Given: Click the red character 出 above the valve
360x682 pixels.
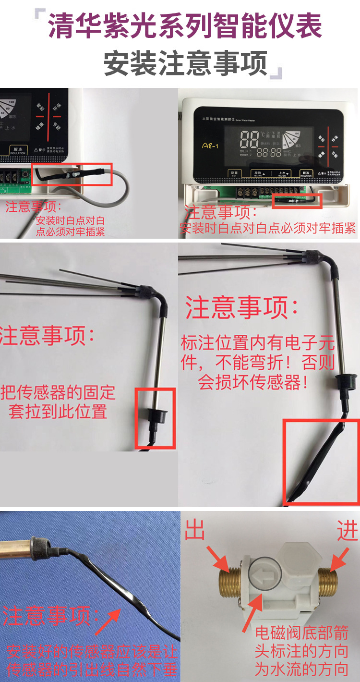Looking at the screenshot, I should click(195, 531).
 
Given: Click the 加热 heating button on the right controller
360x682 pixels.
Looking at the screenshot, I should click(258, 174).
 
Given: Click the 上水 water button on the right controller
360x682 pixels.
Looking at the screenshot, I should click(282, 174).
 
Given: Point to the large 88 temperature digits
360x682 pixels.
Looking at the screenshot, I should click(249, 139).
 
